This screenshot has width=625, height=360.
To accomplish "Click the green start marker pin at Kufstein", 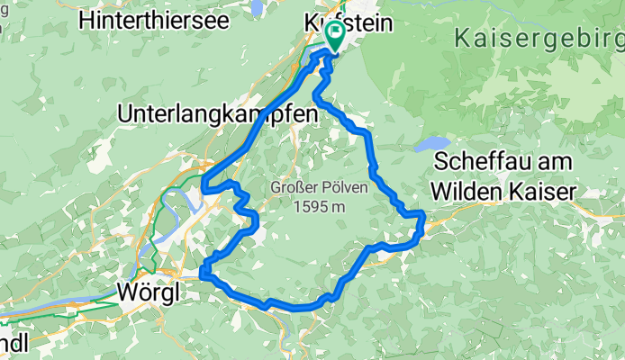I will (336, 35).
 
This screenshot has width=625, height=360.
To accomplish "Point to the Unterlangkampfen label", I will (218, 114).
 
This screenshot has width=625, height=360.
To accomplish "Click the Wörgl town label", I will (149, 292).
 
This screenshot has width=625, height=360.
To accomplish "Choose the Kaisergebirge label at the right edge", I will (539, 39).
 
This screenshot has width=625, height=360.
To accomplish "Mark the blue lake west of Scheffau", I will (432, 144).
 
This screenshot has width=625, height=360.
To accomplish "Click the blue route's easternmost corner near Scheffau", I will (423, 214).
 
